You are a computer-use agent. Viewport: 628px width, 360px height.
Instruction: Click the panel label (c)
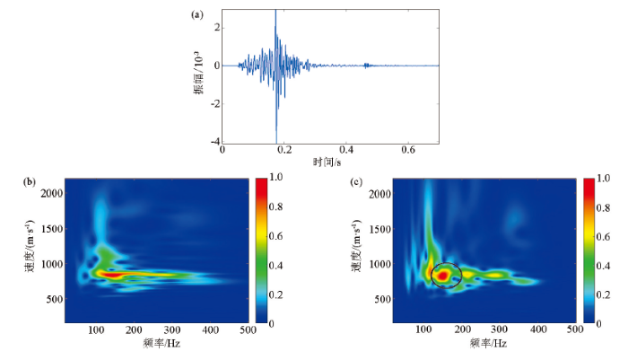pyautogui.click(x=356, y=182)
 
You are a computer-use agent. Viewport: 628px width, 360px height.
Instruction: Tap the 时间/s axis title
pyautogui.click(x=328, y=162)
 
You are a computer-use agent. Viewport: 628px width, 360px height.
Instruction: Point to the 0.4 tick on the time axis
pyautogui.click(x=346, y=151)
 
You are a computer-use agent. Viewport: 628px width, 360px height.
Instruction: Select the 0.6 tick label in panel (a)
pyautogui.click(x=408, y=151)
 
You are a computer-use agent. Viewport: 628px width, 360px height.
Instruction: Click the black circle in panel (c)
pyautogui.click(x=446, y=275)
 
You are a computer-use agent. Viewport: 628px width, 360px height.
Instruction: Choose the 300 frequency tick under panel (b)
pyautogui.click(x=171, y=330)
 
